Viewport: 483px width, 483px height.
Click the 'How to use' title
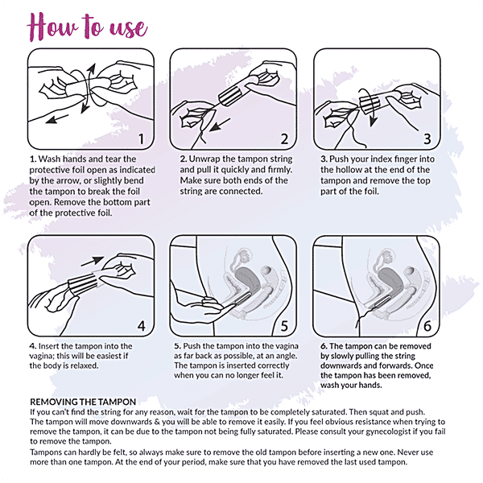click(x=88, y=27)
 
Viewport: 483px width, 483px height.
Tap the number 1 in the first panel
click(x=141, y=139)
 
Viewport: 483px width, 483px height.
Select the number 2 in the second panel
click(x=284, y=139)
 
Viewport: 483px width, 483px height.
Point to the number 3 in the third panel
click(x=427, y=139)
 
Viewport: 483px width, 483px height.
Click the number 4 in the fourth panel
click(x=141, y=326)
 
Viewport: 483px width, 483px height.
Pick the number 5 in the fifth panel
click(x=284, y=326)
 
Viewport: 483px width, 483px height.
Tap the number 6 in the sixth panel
click(x=427, y=326)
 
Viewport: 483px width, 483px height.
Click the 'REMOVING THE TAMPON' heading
click(x=83, y=402)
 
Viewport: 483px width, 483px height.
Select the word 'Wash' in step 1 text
click(x=49, y=159)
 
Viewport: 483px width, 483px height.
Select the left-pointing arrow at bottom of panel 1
click(x=57, y=119)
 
